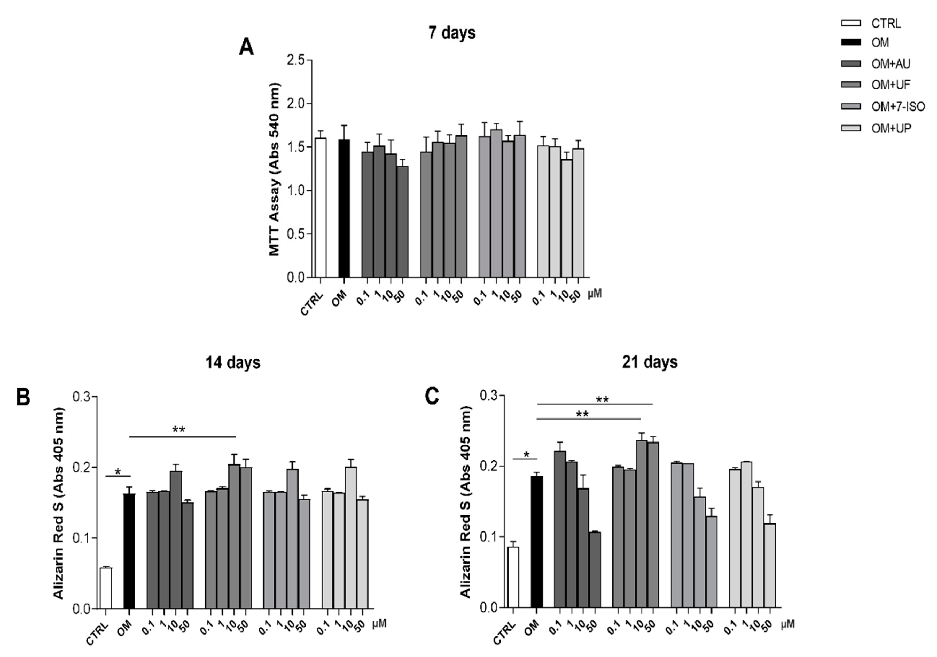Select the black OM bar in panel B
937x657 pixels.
[x=129, y=551]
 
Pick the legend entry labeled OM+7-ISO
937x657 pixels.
[x=897, y=107]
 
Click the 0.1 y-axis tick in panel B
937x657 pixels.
[x=82, y=538]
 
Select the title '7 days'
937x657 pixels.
[x=452, y=33]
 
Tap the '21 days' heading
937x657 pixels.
[x=649, y=362]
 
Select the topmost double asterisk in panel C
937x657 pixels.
[x=602, y=400]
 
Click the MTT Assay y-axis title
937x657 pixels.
[x=275, y=169]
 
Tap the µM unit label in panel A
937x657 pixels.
[x=595, y=293]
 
